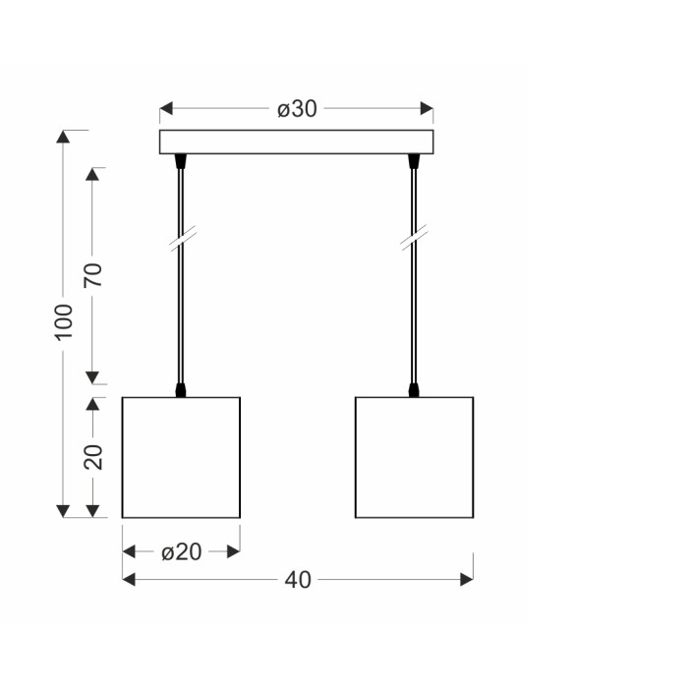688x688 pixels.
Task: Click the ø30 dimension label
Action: point(297,109)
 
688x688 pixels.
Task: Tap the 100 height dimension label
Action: point(64,321)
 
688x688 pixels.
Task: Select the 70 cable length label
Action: point(93,275)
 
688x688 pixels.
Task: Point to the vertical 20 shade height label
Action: point(93,457)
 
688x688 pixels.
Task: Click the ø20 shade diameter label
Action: point(181,552)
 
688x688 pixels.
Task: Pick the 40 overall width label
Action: point(298,580)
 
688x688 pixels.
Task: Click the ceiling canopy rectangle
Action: point(296,142)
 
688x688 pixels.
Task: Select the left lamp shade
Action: point(181,458)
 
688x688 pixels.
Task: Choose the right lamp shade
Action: point(414,458)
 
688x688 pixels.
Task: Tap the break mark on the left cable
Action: point(183,238)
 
